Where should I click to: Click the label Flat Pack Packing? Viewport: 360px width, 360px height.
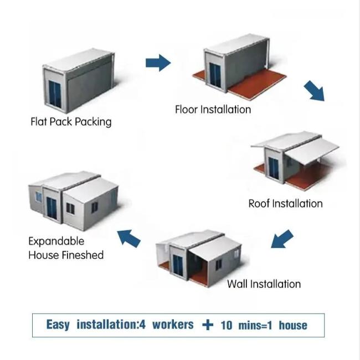pos(71,122)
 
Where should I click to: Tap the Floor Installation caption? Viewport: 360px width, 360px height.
pos(213,109)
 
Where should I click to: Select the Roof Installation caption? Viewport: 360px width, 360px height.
pos(285,203)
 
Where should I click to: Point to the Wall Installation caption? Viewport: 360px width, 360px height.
pos(264,284)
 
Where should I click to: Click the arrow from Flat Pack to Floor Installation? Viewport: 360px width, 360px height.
pos(158,63)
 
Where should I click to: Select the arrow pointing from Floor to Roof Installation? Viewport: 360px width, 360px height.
pos(315,91)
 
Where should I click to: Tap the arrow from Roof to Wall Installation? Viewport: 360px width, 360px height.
pos(282,239)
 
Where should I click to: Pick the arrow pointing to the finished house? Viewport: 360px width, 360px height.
pos(128,238)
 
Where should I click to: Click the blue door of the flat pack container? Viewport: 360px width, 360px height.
pos(55,94)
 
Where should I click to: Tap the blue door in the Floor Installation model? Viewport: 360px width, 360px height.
pos(215,75)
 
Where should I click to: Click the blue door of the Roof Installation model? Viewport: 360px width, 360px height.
pos(274,168)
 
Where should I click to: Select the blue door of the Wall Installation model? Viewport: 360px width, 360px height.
pos(178,266)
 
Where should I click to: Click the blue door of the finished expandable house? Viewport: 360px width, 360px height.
pos(52,208)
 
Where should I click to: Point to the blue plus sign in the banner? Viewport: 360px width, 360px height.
pos(208,325)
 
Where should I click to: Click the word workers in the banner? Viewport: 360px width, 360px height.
pos(173,325)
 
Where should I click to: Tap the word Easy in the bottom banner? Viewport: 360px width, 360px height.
pos(58,325)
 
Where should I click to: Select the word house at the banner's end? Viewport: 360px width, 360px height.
pos(293,325)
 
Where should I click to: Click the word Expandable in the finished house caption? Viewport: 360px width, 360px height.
pos(56,241)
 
